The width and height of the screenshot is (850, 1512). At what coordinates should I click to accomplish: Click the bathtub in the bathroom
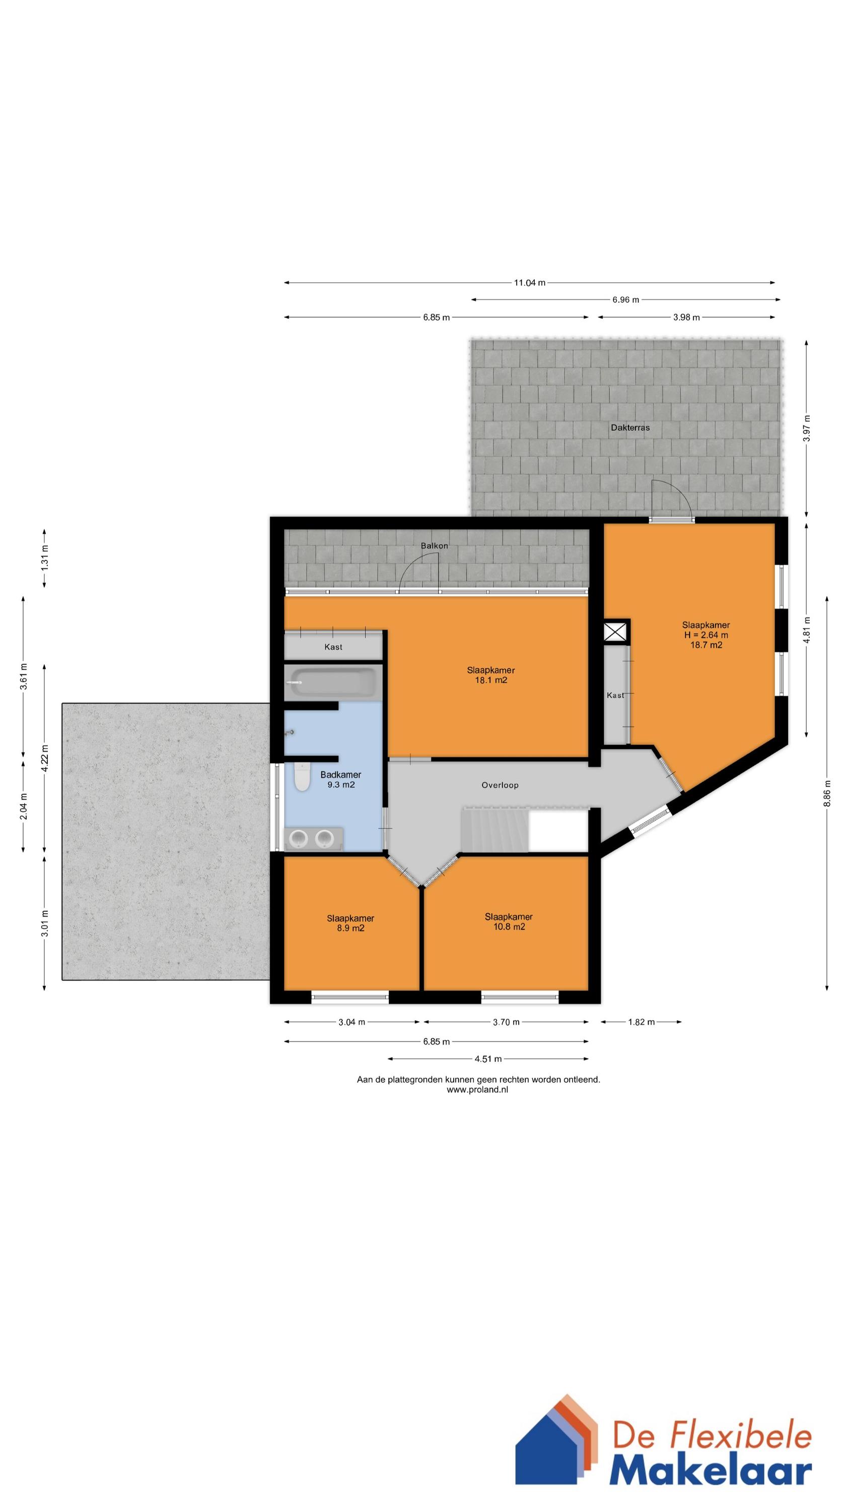pos(333,682)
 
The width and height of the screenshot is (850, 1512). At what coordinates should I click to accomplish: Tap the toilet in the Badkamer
pos(302,776)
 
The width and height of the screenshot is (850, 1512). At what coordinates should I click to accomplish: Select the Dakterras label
pos(630,428)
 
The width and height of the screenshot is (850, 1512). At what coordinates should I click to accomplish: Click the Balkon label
pos(434,546)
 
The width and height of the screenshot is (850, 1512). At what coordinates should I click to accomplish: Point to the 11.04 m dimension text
pos(530,283)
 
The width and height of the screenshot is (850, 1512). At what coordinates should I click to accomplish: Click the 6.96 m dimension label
pos(625,300)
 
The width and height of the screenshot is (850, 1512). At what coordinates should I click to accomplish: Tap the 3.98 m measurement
pos(686,318)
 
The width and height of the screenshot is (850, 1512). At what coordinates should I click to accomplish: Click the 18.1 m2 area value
pos(491,680)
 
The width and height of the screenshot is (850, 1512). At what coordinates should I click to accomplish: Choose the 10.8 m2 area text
pos(509,927)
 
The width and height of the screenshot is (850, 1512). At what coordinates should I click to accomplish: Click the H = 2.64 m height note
pos(705,635)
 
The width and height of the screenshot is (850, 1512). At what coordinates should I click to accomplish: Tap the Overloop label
pos(500,785)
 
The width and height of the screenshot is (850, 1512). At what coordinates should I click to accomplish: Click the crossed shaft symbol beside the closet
pos(615,632)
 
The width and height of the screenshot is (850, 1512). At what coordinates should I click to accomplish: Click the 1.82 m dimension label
pos(641,1022)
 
